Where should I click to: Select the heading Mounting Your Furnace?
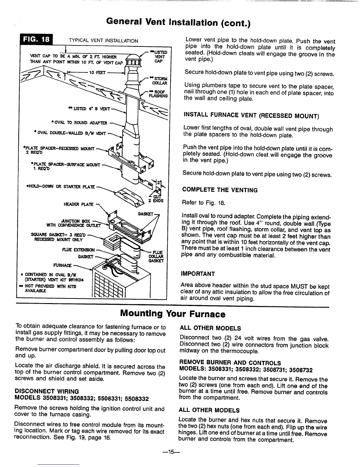pyautogui.click(x=173, y=314)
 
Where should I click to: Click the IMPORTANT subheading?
pyautogui.click(x=198, y=274)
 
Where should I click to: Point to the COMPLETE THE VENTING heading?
pyautogui.click(x=220, y=190)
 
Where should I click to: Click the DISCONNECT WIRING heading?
pyautogui.click(x=47, y=392)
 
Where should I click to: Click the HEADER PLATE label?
pyautogui.click(x=78, y=204)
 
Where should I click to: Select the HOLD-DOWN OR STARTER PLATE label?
pyautogui.click(x=60, y=186)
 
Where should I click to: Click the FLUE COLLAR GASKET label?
pyautogui.click(x=155, y=256)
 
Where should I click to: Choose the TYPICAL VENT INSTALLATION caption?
pyautogui.click(x=103, y=41)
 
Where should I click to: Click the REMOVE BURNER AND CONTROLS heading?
pyautogui.click(x=230, y=363)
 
